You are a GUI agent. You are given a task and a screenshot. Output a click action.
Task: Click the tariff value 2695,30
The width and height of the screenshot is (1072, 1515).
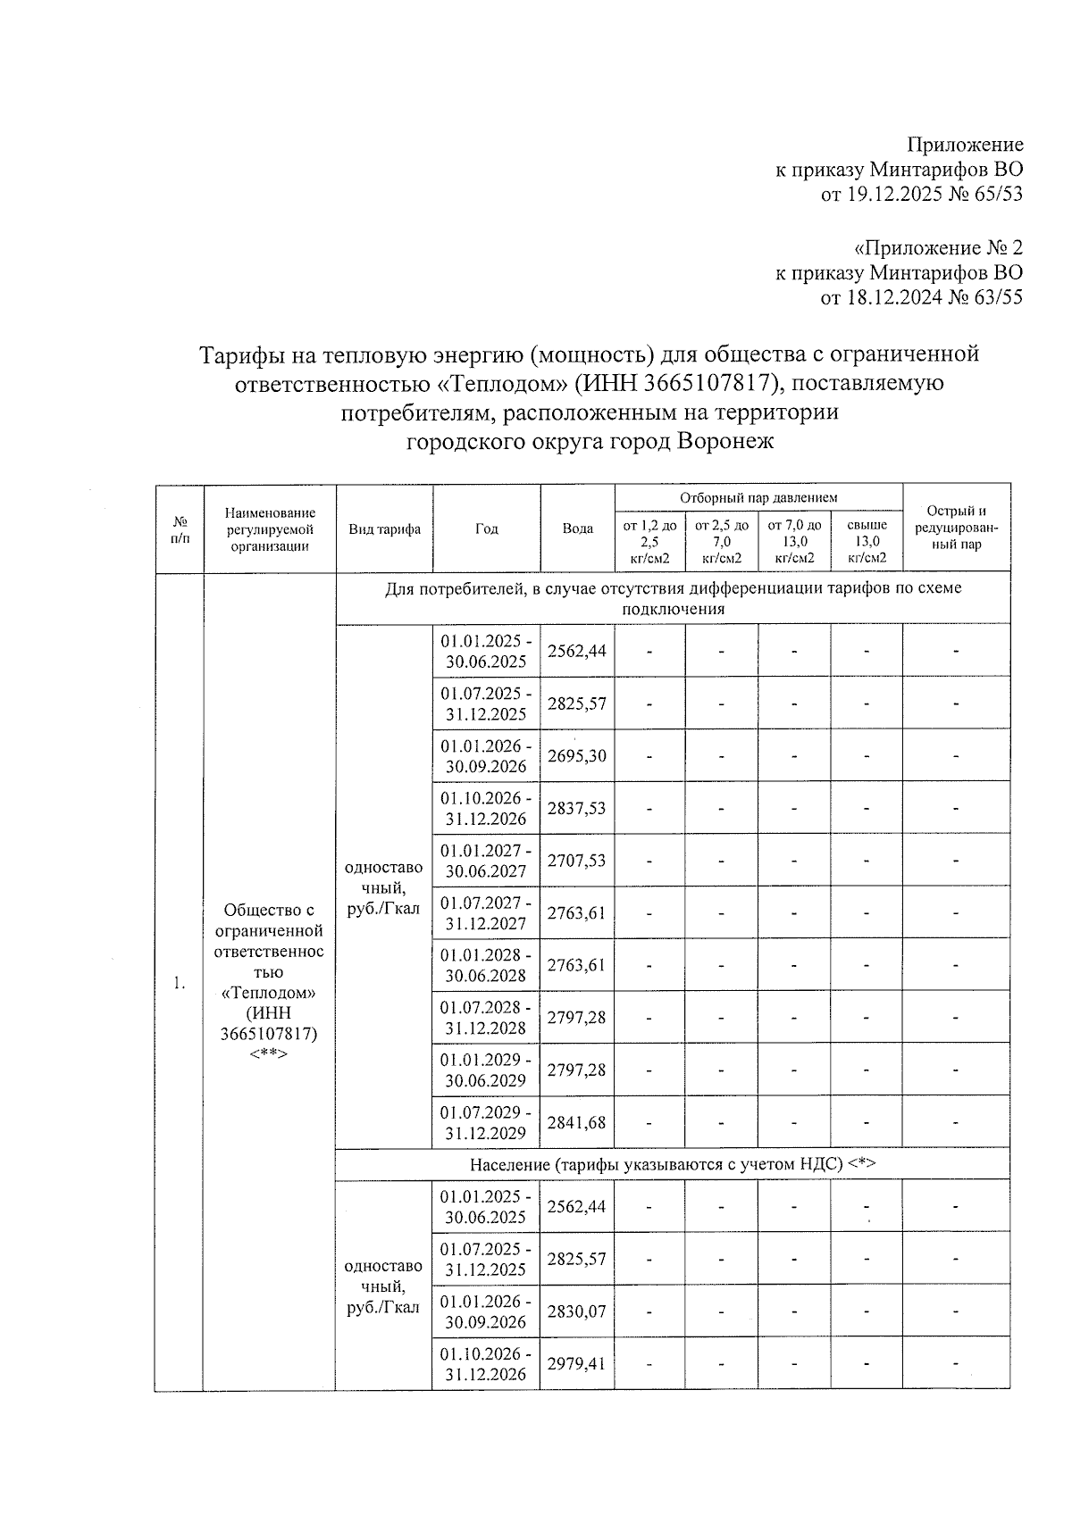(576, 755)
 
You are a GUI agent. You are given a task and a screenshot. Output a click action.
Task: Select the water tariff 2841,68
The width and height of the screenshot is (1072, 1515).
(576, 1122)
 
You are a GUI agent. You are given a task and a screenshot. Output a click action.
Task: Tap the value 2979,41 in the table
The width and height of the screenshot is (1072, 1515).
(576, 1363)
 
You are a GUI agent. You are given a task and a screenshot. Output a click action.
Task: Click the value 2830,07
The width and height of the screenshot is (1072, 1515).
(576, 1311)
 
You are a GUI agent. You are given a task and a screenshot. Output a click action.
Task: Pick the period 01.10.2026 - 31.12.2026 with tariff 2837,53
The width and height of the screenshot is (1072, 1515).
(485, 808)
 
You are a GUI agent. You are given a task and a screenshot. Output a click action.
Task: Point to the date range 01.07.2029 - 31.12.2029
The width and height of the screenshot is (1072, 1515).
(485, 1122)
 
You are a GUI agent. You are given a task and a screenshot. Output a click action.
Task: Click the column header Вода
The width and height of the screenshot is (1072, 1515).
(577, 529)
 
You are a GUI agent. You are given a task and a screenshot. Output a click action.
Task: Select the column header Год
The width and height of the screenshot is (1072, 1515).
(486, 529)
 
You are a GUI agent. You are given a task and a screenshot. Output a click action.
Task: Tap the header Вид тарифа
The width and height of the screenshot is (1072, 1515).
(384, 529)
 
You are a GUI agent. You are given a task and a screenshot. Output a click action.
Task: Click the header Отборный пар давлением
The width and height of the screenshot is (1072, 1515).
(758, 497)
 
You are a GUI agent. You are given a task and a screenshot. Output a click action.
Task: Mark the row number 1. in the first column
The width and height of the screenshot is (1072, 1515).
(179, 983)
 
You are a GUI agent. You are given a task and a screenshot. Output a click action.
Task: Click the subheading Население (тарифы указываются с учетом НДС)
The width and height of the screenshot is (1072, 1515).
(672, 1164)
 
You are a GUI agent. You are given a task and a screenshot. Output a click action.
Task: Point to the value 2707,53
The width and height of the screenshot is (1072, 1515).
(576, 860)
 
